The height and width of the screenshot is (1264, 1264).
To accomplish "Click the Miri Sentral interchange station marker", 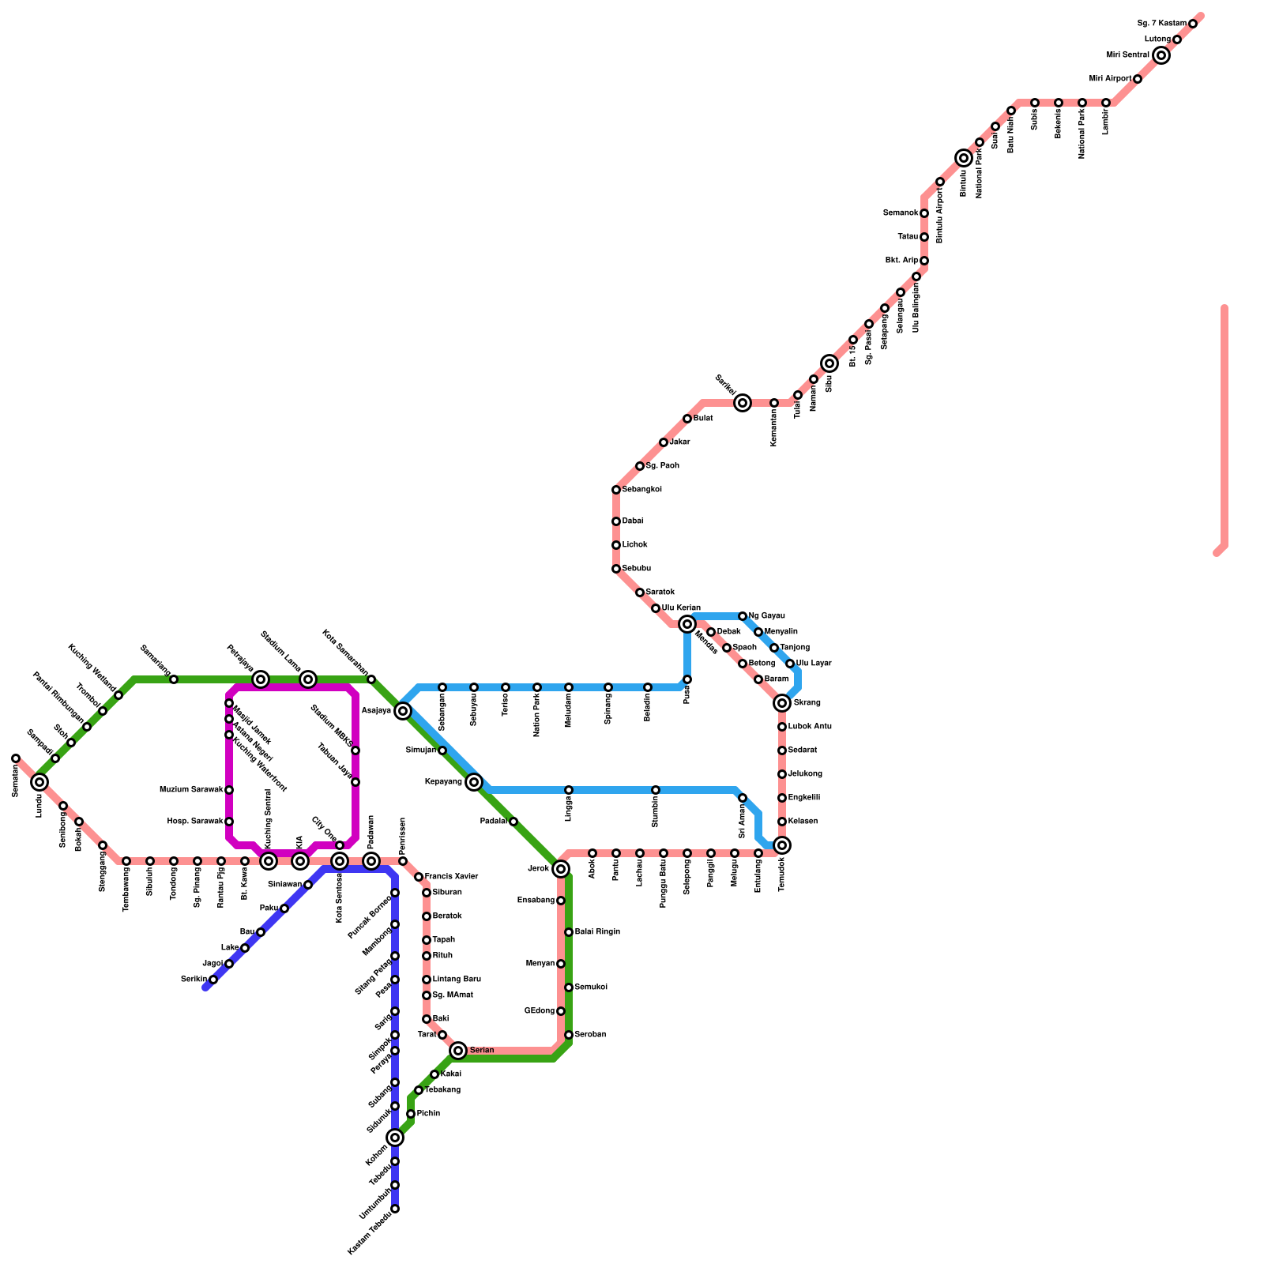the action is click(1161, 55).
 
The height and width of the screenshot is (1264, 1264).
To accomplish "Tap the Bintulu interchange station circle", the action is click(963, 158).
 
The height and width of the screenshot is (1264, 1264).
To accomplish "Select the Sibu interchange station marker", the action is click(829, 363).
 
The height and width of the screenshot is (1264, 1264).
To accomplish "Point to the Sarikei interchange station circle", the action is click(742, 403).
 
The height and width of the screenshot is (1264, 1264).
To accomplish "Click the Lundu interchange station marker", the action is click(39, 782).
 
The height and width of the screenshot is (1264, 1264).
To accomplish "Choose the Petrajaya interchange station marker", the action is click(261, 679).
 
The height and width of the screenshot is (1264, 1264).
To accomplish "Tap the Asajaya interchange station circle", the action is click(403, 711).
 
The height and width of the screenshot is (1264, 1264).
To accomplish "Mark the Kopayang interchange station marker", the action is click(474, 782).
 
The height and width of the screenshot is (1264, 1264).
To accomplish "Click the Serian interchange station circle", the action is click(458, 1051).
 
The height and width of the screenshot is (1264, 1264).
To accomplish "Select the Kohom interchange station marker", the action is click(395, 1138).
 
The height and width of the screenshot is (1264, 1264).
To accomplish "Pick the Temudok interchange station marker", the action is click(782, 845).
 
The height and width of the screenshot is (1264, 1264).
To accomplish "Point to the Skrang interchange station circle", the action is click(782, 703).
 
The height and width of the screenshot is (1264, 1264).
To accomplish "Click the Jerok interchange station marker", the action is click(561, 869).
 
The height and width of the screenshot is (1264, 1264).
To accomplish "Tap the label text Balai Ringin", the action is click(597, 932).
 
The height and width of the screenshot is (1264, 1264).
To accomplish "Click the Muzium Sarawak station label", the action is click(191, 790).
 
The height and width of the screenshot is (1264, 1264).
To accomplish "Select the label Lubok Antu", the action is click(810, 727).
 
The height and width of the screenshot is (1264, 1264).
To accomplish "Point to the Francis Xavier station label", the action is click(452, 877).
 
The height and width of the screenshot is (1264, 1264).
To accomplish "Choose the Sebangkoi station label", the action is click(642, 490).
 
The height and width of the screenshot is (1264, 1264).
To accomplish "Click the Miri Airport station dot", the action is click(1138, 79).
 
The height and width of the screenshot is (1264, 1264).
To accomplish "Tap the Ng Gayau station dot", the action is click(743, 616).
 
